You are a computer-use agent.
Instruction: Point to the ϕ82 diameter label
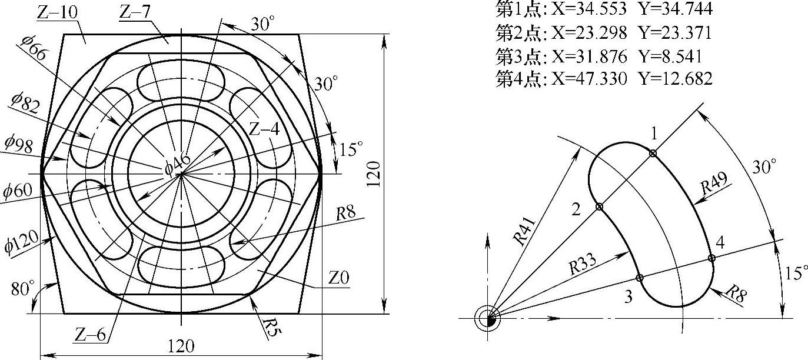24,103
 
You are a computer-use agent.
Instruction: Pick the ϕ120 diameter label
22,241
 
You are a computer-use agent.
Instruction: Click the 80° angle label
23,289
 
